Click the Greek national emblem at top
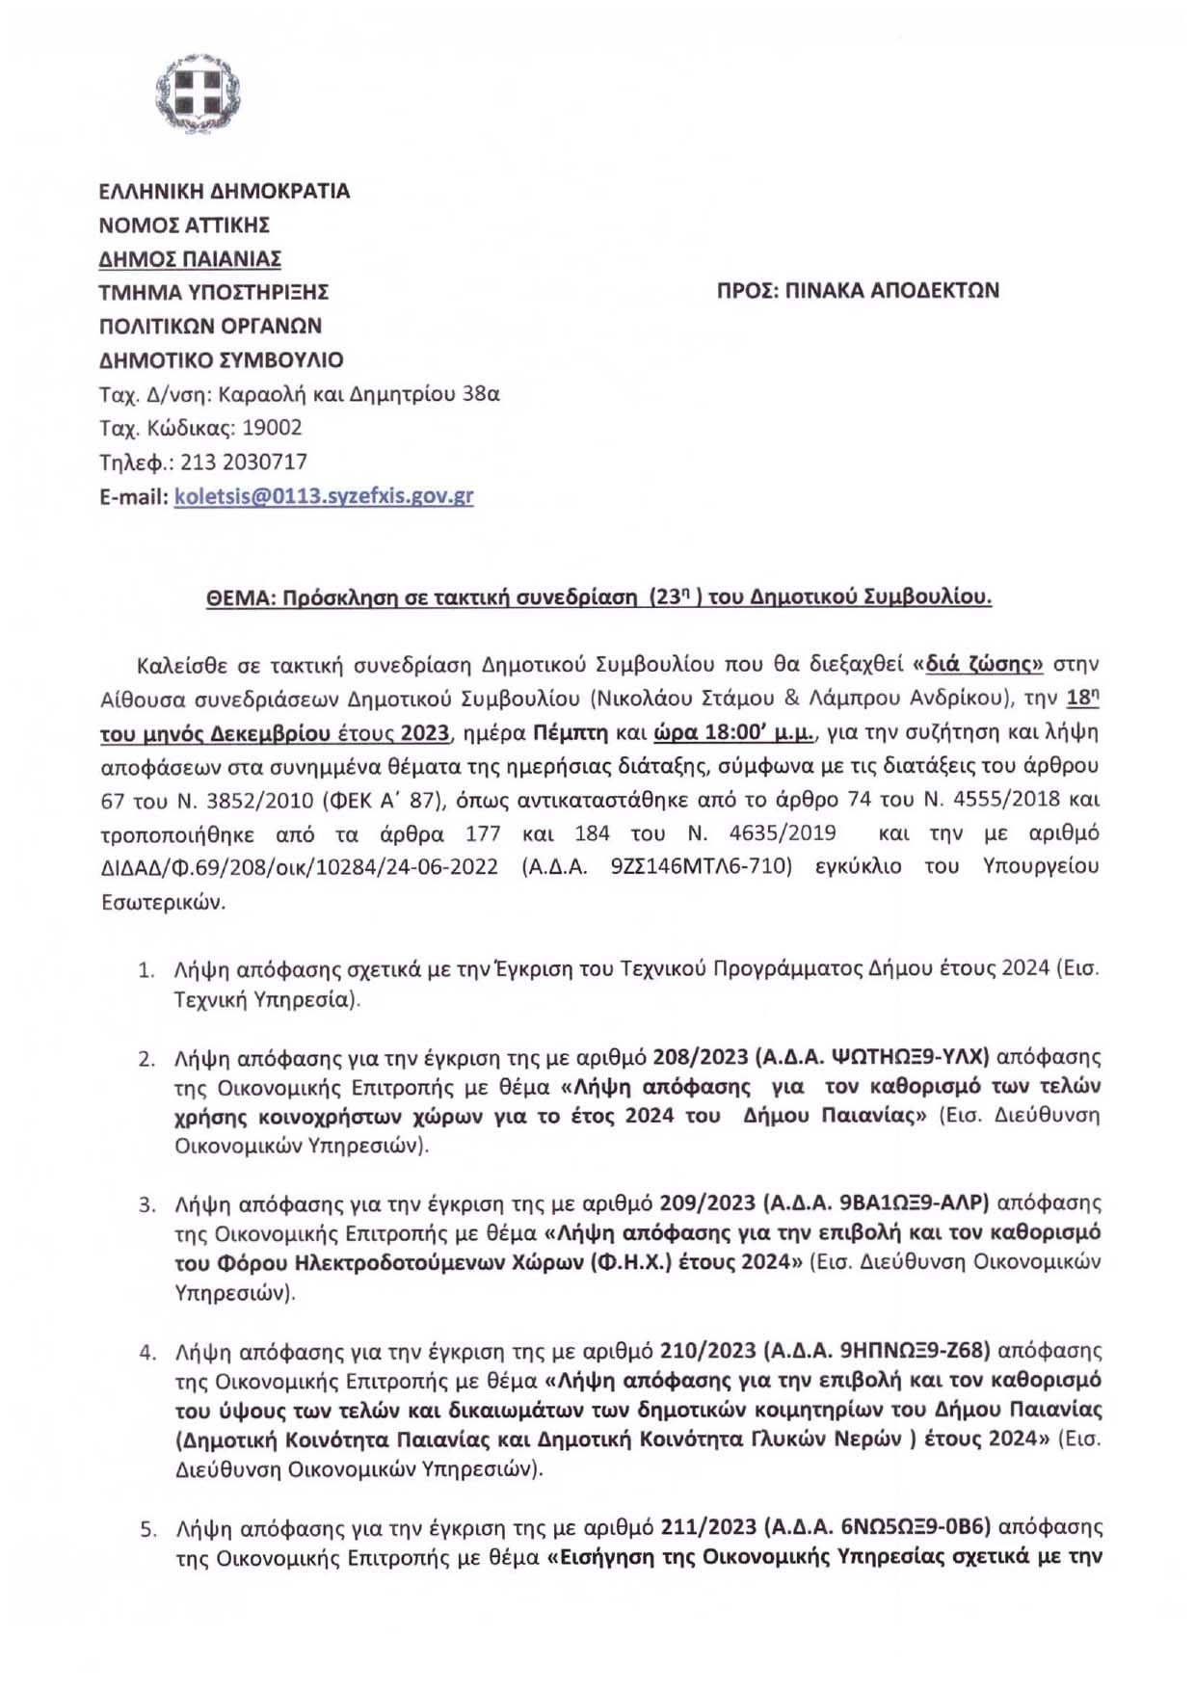click(x=198, y=94)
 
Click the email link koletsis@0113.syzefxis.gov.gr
click(x=324, y=496)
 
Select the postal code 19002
click(x=272, y=428)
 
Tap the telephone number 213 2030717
click(x=244, y=462)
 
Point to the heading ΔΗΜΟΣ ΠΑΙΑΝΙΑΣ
click(x=190, y=258)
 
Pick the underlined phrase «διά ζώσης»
click(x=977, y=664)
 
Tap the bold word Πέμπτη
click(x=571, y=732)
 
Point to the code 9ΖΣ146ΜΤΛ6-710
click(x=701, y=866)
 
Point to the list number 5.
click(x=147, y=1529)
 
